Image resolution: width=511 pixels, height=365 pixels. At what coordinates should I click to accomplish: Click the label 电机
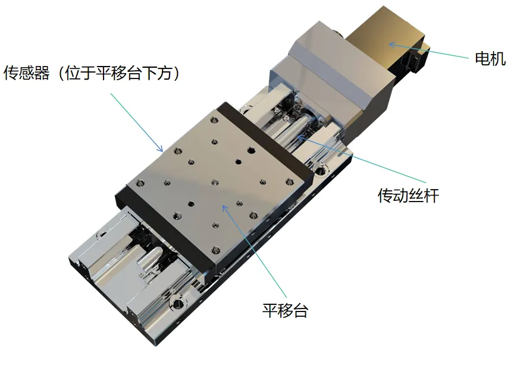tap(490, 59)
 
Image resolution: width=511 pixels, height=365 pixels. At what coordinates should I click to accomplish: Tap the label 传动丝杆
tap(408, 196)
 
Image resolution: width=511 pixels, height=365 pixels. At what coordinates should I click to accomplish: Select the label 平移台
tap(285, 310)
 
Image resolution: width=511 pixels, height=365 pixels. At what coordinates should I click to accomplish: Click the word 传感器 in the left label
tap(26, 73)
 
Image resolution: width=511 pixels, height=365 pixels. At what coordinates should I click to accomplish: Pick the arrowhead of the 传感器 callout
tap(160, 149)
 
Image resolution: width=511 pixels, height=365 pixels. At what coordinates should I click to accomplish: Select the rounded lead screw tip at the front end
tap(153, 257)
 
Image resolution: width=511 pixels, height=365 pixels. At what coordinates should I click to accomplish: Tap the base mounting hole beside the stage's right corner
tap(319, 170)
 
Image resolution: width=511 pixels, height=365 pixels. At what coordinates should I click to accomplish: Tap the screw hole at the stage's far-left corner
tap(140, 182)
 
